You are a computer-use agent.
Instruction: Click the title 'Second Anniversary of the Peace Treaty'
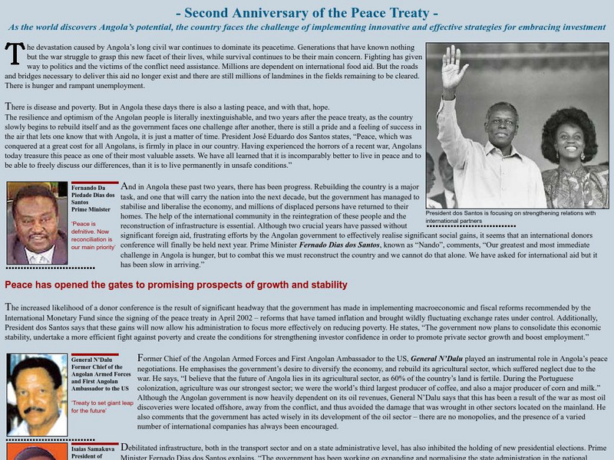(x=307, y=13)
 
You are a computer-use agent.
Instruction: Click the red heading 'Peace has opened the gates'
(x=176, y=285)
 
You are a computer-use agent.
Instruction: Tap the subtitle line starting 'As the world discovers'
(x=307, y=27)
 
